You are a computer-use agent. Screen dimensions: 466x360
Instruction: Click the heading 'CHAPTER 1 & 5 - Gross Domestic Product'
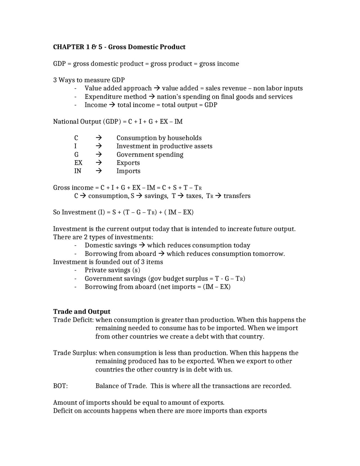point(119,47)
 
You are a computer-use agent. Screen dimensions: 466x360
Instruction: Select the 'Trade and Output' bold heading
point(82,312)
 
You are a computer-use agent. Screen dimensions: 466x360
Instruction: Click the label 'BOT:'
point(60,386)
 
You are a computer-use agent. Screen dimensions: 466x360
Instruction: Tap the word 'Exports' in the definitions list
point(128,163)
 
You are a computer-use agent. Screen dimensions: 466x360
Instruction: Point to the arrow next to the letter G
point(98,154)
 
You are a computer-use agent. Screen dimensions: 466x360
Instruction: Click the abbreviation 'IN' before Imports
point(78,171)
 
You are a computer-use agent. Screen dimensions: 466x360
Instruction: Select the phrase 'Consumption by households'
point(159,138)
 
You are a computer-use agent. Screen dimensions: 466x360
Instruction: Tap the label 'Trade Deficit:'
point(73,320)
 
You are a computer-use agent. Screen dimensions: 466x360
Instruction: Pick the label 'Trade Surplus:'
point(75,353)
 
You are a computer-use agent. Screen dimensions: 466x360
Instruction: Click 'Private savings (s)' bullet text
point(112,270)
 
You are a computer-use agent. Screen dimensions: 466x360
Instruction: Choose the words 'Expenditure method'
point(116,97)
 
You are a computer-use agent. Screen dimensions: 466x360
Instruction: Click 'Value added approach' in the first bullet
point(118,88)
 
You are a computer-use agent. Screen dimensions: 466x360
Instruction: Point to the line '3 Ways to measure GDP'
point(89,80)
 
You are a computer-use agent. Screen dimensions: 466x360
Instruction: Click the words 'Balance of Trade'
point(121,386)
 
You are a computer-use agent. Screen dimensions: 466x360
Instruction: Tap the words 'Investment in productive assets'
point(164,146)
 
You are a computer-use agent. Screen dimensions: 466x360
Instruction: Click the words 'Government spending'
point(150,154)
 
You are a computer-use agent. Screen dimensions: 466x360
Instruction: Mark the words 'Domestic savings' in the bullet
point(111,245)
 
